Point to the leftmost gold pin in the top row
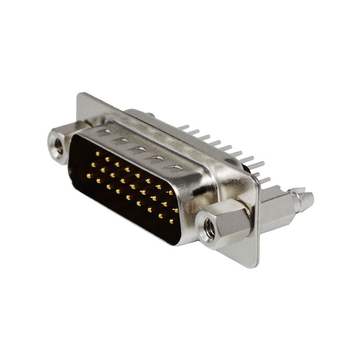(98, 153)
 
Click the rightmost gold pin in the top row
(171, 193)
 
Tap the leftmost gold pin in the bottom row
(89, 175)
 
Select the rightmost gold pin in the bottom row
(172, 221)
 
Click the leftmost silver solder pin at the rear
(184, 127)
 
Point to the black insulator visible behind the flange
(247, 168)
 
